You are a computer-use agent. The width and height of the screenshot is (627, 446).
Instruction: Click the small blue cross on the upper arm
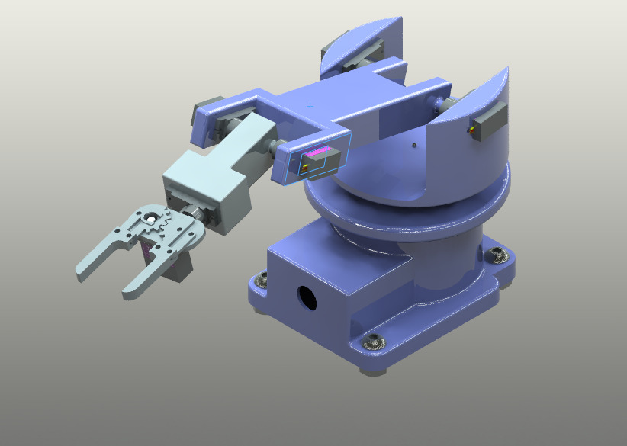click(310, 106)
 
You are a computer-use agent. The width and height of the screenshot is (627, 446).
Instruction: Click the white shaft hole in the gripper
click(152, 220)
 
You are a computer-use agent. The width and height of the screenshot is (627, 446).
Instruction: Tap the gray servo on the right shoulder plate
click(489, 122)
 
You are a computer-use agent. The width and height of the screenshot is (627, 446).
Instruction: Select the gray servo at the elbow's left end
click(207, 110)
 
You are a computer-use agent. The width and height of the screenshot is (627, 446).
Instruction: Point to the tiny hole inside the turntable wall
click(413, 143)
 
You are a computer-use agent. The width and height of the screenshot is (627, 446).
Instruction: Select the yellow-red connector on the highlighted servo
click(306, 163)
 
